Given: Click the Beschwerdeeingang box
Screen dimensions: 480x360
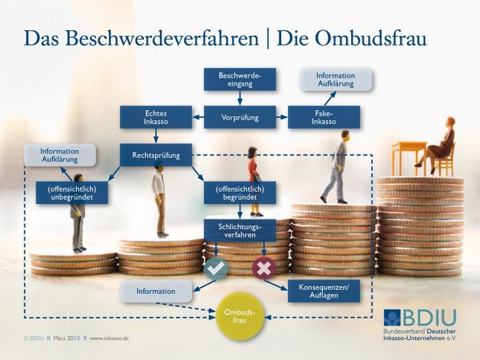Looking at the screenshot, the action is click(x=240, y=80).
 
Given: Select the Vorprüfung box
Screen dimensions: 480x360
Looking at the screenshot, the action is click(x=240, y=117).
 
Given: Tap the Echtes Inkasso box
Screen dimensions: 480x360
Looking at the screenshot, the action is click(x=156, y=117).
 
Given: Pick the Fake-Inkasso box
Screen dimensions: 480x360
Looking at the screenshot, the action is click(x=324, y=117).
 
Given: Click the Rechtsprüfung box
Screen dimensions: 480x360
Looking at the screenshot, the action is click(x=156, y=155).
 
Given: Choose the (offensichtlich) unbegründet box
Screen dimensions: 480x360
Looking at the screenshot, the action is click(x=71, y=193).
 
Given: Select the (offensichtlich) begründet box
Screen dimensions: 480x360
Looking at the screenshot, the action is click(x=240, y=193).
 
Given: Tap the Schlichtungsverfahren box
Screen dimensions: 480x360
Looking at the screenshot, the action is click(x=240, y=230).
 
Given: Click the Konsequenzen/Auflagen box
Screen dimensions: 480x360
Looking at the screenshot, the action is click(x=324, y=291).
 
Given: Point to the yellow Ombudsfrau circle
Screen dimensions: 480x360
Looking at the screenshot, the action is click(x=240, y=316).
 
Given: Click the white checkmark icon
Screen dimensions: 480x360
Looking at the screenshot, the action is click(x=216, y=269).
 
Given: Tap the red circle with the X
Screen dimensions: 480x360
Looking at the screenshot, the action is click(x=264, y=269).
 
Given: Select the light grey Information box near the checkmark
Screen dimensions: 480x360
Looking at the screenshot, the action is click(x=156, y=291).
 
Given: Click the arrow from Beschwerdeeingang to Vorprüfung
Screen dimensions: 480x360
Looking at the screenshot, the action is click(x=240, y=98).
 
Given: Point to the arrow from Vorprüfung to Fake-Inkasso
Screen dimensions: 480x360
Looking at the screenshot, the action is click(x=282, y=117).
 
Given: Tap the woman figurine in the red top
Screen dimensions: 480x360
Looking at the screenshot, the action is click(x=254, y=181).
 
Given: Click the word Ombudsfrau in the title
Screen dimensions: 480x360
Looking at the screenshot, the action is click(x=351, y=38).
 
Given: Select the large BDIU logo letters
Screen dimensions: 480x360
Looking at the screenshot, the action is click(x=429, y=317).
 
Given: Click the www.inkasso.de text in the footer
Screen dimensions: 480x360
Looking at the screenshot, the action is click(x=109, y=338).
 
